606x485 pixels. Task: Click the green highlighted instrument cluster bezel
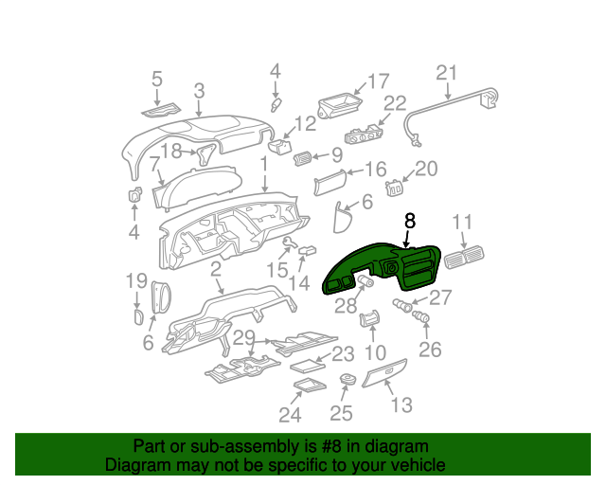pos(383,268)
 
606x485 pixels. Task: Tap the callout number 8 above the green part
pos(409,221)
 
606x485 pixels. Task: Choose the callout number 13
pos(401,405)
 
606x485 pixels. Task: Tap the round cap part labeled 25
pos(348,381)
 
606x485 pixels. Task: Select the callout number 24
pos(290,414)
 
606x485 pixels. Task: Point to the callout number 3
pos(199,91)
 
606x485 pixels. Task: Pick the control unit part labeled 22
pos(365,135)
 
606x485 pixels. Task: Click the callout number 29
pos(243,338)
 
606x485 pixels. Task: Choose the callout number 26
pos(430,350)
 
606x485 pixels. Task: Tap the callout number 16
pos(375,170)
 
